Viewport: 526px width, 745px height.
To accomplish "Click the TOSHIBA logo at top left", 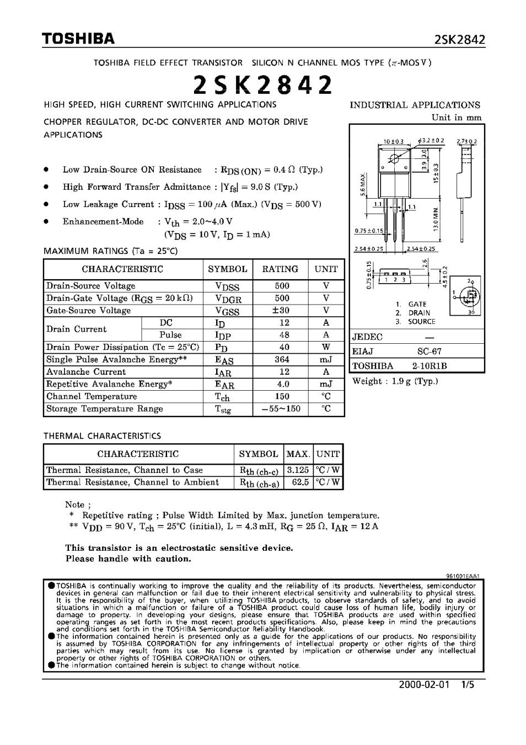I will [78, 38].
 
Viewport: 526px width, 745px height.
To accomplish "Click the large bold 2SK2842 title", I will [264, 85].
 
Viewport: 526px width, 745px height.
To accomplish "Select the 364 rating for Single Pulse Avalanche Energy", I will [281, 360].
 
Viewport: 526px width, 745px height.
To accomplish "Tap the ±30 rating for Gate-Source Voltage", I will [281, 311].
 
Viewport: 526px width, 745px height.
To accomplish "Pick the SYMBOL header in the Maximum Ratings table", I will [227, 269].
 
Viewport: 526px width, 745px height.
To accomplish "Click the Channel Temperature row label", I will [92, 397].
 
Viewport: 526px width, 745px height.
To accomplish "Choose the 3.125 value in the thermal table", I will [298, 471].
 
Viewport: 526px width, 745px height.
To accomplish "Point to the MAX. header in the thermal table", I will [298, 454].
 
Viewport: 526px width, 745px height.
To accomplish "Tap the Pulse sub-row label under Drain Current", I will [170, 335].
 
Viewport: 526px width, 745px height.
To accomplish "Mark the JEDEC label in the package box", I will [367, 337].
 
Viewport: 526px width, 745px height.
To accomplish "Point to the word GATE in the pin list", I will [417, 304].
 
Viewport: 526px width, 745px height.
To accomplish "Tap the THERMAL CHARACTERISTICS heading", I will [102, 436].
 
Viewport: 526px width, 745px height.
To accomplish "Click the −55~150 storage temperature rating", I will [281, 409].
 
